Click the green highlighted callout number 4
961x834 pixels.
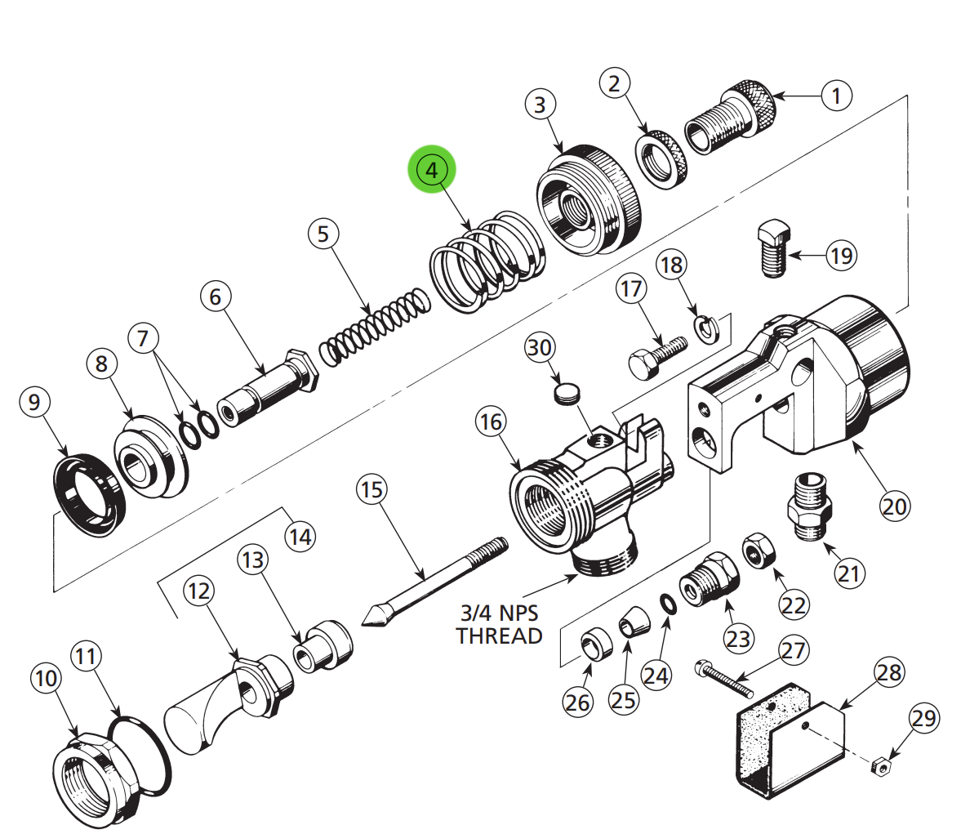click(432, 171)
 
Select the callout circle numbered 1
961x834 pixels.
click(835, 96)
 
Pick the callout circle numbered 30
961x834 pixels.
click(540, 349)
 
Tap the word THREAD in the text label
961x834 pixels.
click(499, 636)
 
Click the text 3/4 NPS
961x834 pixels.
click(499, 613)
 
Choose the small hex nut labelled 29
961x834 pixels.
click(880, 766)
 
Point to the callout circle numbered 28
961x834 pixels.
click(889, 672)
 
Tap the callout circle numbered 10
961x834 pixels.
click(47, 678)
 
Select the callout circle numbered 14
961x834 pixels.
click(300, 537)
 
